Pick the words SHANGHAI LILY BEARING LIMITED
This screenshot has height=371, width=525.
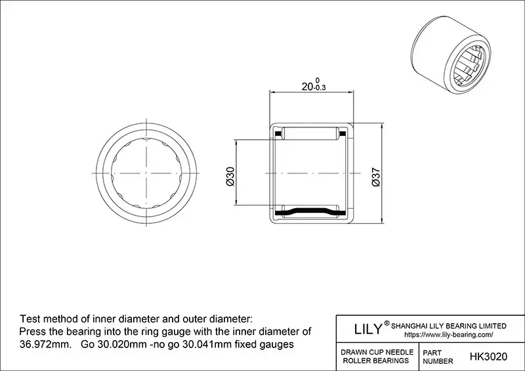pyautogui.click(x=449, y=326)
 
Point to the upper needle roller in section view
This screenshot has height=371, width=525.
pyautogui.click(x=310, y=134)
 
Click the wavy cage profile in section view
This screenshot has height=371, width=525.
pyautogui.click(x=310, y=211)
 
